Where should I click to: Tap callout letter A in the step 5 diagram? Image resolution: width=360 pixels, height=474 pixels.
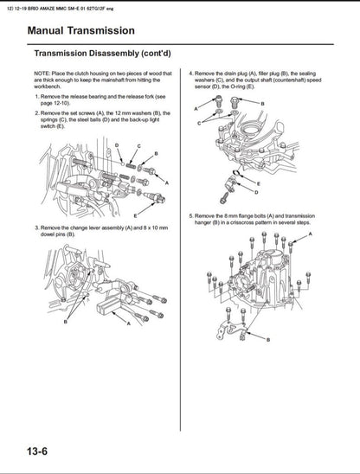click(x=310, y=234)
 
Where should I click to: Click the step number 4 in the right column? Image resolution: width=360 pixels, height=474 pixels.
click(x=191, y=75)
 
